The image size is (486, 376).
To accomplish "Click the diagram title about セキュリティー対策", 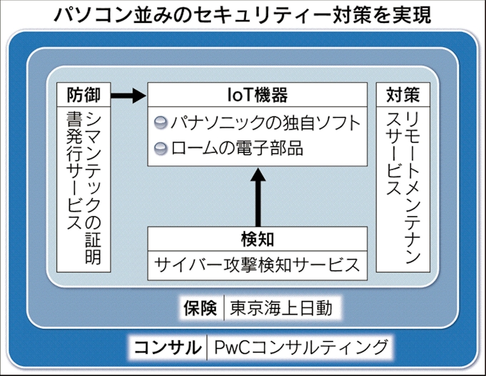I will [243, 14].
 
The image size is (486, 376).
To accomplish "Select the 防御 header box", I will [84, 95].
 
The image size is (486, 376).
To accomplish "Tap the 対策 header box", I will [402, 95].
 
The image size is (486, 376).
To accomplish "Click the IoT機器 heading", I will [257, 95].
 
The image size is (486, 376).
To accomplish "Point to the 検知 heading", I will [257, 238].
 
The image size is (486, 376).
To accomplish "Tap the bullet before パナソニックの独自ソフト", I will [161, 123].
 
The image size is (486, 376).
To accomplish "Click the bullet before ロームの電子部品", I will [161, 149].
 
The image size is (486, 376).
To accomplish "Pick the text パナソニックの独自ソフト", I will [264, 123].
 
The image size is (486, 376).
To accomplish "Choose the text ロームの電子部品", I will [236, 149].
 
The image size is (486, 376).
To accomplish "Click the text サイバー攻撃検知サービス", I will [257, 265].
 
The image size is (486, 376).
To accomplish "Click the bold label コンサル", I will [166, 347].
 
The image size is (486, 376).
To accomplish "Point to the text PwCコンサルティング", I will [302, 347].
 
